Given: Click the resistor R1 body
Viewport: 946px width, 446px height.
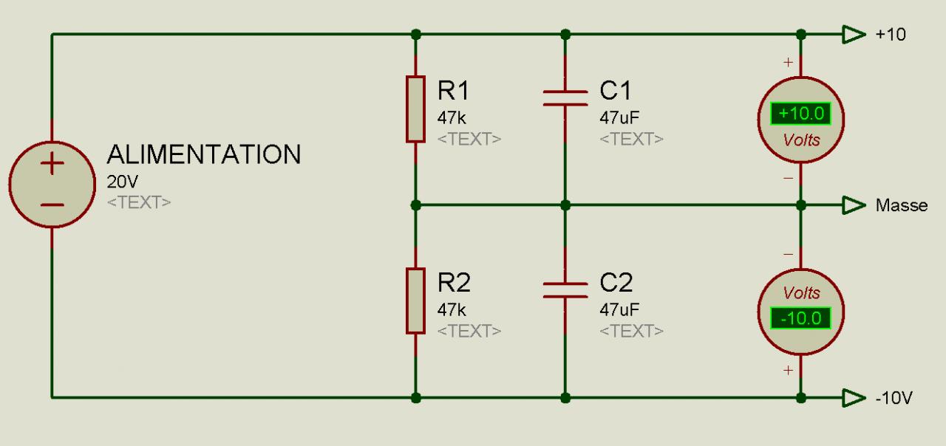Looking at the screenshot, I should (x=415, y=108).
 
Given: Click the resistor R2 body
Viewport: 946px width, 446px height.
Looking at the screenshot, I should (x=415, y=301).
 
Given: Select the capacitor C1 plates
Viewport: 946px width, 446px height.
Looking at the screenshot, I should (x=565, y=99).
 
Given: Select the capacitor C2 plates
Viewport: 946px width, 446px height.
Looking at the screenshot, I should (x=565, y=289).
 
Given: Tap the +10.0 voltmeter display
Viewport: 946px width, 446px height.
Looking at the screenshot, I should (x=800, y=114).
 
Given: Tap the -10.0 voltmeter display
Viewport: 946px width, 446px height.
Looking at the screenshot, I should (x=800, y=318).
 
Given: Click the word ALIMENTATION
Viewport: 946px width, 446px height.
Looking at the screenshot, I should (x=204, y=155).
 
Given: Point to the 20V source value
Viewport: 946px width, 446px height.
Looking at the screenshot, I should (x=123, y=182).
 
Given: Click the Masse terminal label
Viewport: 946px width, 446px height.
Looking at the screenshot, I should (x=901, y=205).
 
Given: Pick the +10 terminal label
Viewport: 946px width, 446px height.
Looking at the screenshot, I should (x=891, y=35).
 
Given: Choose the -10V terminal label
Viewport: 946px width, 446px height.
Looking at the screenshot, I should (x=894, y=399).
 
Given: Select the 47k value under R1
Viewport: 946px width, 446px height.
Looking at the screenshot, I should (x=452, y=117).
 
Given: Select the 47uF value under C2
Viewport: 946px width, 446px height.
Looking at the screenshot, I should (x=619, y=309).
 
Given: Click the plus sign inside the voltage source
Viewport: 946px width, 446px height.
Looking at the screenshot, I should (x=51, y=164).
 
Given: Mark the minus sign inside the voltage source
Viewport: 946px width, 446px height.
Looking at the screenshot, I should (x=51, y=204).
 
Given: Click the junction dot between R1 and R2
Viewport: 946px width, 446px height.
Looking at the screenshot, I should (x=415, y=205).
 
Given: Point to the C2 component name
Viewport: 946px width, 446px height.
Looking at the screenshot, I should (x=616, y=283).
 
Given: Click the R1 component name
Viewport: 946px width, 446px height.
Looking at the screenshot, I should (x=453, y=91).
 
